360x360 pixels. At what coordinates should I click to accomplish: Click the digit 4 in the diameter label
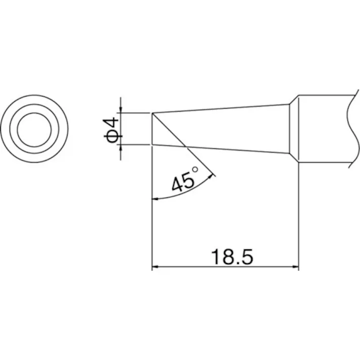tap(113, 123)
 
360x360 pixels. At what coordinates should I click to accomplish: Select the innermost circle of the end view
tap(33, 128)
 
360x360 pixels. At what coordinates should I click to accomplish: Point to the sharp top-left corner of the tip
tap(152, 113)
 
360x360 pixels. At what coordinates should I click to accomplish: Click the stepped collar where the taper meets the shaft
tap(294, 128)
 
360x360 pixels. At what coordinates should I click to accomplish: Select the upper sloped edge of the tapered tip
tap(222, 109)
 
